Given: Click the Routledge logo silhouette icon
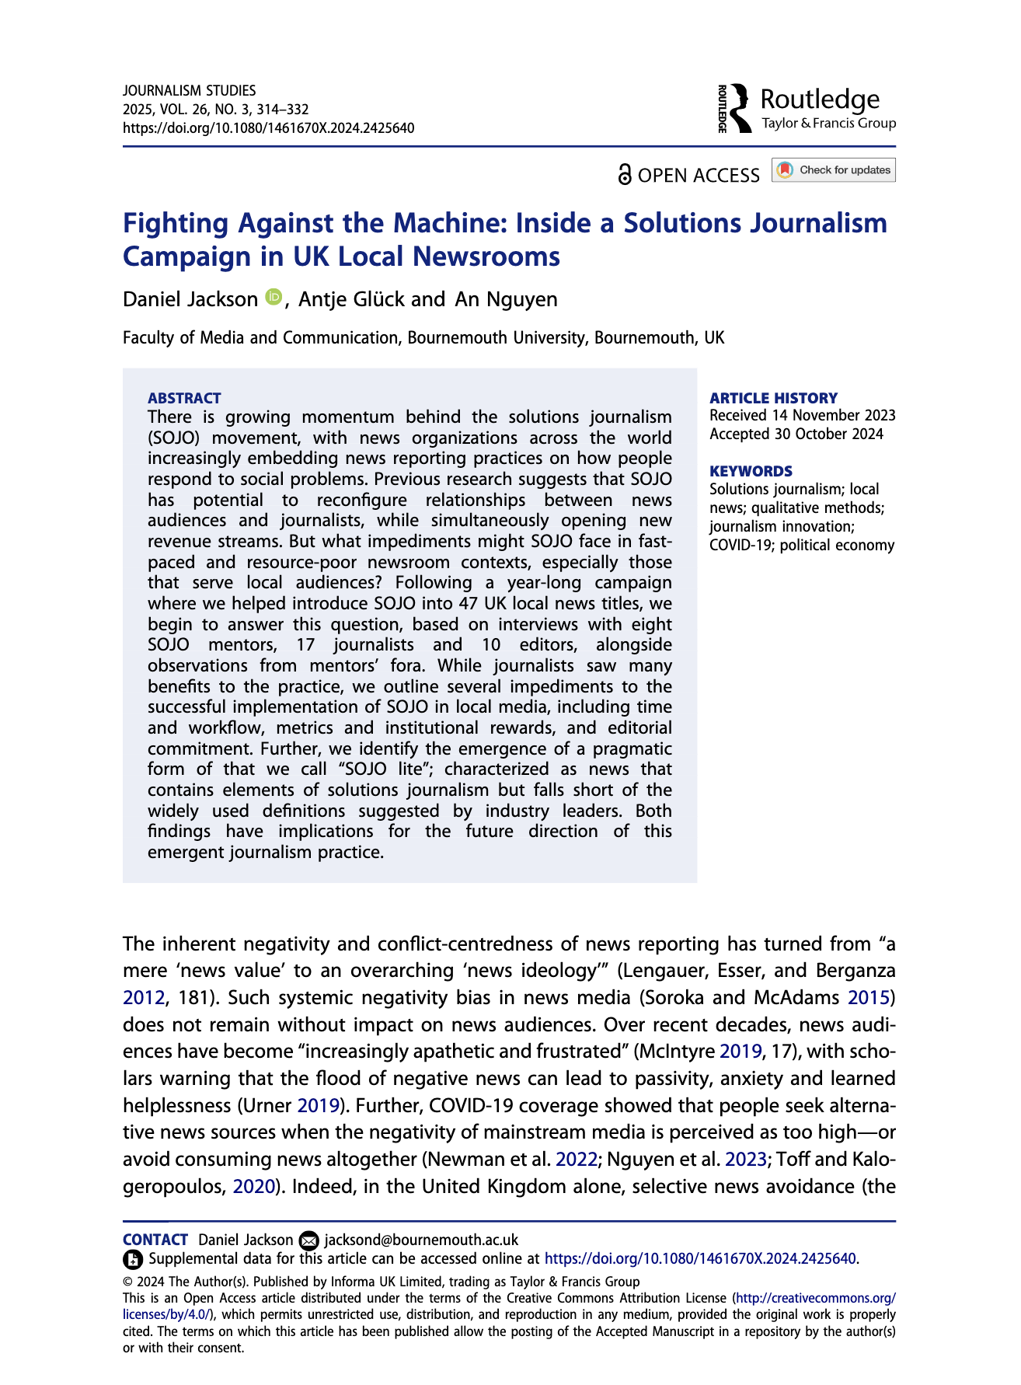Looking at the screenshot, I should (x=741, y=107).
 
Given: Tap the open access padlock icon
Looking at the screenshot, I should (x=625, y=174).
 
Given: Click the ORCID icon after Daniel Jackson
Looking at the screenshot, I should (x=273, y=296).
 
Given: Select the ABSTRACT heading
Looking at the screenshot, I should (x=184, y=398).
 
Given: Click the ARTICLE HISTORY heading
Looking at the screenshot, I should (x=773, y=398).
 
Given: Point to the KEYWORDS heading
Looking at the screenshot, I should (x=751, y=471).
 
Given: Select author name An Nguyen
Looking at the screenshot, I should (x=506, y=299).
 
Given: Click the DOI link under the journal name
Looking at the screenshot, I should (x=268, y=128).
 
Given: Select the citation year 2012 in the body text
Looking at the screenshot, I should (x=143, y=997).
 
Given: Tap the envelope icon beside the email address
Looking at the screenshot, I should (x=308, y=1240).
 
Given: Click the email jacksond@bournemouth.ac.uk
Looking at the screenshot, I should (x=420, y=1240).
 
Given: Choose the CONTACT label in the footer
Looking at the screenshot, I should (x=155, y=1240).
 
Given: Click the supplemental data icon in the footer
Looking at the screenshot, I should (x=133, y=1259).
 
